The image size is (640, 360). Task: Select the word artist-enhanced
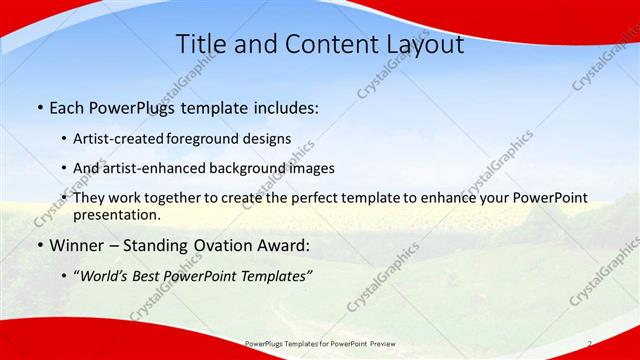tap(151, 168)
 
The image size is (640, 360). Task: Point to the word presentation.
tap(116, 214)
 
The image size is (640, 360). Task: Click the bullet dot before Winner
tap(39, 246)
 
